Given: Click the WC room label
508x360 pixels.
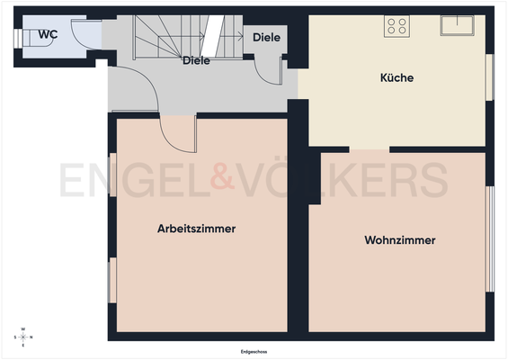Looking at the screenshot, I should (48, 35).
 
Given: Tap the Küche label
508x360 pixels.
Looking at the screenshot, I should (397, 78).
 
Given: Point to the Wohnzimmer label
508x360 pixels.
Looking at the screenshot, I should (400, 240).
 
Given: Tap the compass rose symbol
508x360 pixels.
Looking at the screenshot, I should (24, 337).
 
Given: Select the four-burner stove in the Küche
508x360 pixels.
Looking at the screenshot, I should (397, 26).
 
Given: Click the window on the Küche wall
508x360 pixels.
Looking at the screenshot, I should (490, 78).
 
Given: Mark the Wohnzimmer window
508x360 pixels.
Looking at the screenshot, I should (490, 238).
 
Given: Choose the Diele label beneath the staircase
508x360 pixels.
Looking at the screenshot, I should (196, 61).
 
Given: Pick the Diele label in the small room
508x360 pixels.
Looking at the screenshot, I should (267, 38).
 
